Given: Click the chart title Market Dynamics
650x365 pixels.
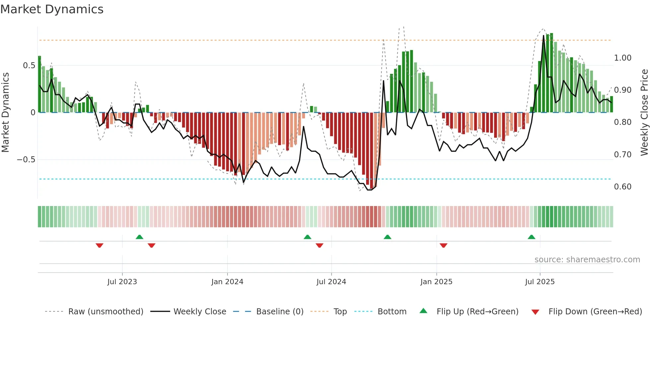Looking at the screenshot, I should click(52, 9).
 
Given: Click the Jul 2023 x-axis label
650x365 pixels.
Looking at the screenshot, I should click(122, 282).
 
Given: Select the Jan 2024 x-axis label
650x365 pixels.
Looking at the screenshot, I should click(227, 282).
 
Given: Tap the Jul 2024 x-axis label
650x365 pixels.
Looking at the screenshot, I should click(331, 282).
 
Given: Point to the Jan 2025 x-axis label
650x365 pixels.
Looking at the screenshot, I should click(436, 282).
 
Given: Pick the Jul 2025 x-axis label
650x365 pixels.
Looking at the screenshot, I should click(540, 282).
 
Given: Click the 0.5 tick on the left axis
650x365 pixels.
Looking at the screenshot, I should click(29, 66).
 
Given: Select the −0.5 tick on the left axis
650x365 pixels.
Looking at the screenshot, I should click(26, 160).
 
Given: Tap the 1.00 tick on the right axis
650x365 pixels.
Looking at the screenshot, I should click(622, 58).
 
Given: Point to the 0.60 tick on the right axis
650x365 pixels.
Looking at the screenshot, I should click(622, 187).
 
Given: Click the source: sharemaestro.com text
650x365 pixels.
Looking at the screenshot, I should click(587, 260).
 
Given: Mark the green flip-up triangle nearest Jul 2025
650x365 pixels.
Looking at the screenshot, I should click(531, 237).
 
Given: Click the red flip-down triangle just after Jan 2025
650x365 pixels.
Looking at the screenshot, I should click(443, 245).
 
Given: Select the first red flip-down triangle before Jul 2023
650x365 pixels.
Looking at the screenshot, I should click(99, 245).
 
